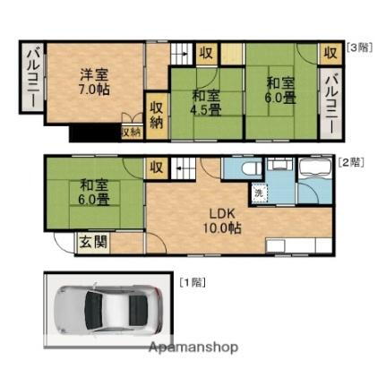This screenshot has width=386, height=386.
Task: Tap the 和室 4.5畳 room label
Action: click(206, 104)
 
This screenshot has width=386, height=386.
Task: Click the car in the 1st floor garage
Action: click(106, 309)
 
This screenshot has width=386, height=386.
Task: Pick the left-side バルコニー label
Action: click(30, 90)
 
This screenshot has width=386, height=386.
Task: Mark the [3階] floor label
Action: click(359, 48)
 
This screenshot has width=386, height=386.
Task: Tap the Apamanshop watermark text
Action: click(193, 347)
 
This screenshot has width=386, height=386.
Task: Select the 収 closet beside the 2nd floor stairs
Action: click(157, 167)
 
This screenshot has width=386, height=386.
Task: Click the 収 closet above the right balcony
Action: click(330, 53)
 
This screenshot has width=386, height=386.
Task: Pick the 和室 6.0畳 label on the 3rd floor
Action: click(279, 90)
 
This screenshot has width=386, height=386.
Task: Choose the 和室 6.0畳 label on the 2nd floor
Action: click(92, 193)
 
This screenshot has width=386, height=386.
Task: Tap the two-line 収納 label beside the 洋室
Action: click(157, 115)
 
